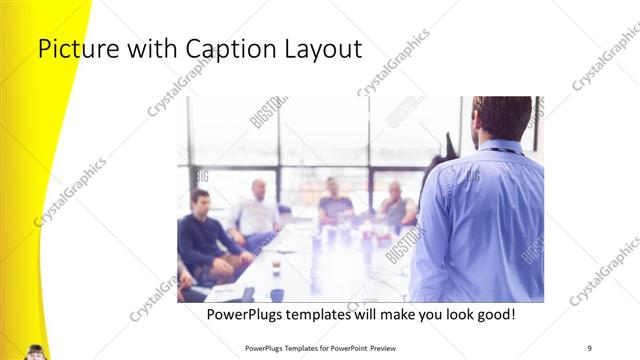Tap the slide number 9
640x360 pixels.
click(x=590, y=347)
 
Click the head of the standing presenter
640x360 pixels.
click(x=501, y=118)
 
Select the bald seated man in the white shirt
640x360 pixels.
click(x=257, y=212)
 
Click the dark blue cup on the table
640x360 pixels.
click(x=277, y=294)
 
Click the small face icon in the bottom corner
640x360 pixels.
click(x=35, y=351)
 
